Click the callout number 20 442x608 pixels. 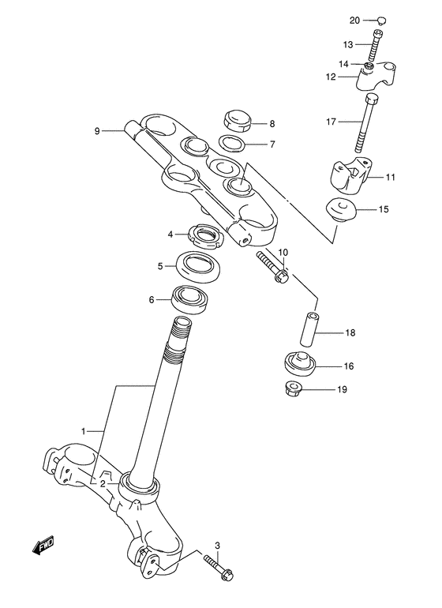pos(354,21)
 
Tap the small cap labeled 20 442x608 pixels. pos(381,21)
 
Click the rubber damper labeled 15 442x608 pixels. pos(341,211)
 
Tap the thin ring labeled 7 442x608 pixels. pos(231,144)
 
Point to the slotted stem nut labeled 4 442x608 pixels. pos(206,234)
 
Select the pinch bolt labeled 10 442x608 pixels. pos(272,268)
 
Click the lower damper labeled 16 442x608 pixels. pos(299,366)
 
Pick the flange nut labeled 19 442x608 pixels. pos(295,388)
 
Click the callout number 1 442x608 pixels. pos(84,431)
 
